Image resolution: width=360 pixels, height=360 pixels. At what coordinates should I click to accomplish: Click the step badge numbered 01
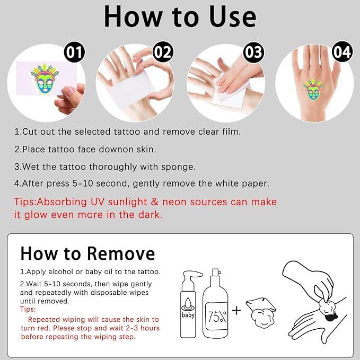[74, 52]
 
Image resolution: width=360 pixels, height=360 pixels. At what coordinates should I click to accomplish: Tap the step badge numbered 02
[163, 52]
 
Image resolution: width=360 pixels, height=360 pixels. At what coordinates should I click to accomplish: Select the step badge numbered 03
[254, 52]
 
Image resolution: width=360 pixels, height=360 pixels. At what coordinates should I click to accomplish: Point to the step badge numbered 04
[343, 51]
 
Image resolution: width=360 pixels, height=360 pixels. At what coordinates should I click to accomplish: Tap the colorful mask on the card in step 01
[45, 79]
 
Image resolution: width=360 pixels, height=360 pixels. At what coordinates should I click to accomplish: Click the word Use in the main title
[233, 17]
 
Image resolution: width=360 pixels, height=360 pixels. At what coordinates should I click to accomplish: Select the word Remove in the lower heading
[121, 254]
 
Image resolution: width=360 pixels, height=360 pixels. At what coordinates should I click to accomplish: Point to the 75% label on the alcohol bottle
[217, 317]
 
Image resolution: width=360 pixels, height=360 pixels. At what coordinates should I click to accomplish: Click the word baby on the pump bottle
[188, 315]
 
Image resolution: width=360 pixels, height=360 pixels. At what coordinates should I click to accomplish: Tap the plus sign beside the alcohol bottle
[236, 311]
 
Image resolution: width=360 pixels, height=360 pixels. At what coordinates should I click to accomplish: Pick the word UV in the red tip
[98, 202]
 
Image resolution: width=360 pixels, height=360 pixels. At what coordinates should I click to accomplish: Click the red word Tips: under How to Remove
[28, 309]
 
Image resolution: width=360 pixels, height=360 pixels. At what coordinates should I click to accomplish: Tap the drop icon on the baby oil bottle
[188, 303]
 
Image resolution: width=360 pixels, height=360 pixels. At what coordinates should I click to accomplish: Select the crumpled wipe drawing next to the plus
[261, 311]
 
